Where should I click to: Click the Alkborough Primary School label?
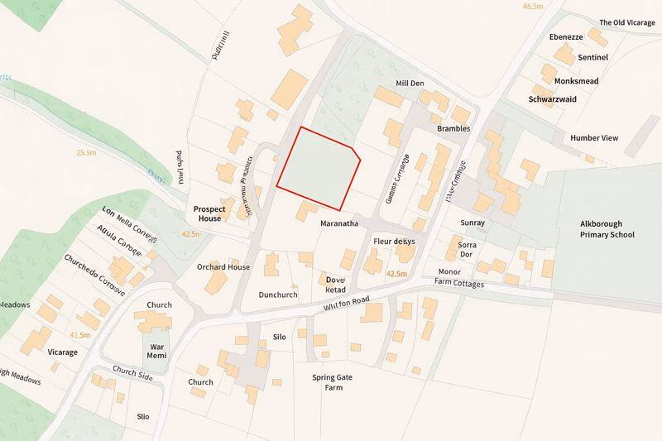coord(607,229)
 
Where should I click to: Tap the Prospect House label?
coord(208,213)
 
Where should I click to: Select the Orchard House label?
coord(223,267)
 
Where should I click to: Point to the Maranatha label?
coord(339,223)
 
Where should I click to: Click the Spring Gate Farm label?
coord(333,382)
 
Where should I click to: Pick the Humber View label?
coord(594,137)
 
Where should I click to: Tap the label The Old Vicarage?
coord(626,22)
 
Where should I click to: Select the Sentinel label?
coord(593,57)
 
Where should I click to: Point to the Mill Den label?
coord(410,84)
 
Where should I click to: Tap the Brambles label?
coord(453,129)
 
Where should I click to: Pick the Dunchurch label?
coord(277,295)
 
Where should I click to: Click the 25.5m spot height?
coord(86,152)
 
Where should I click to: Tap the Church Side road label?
coord(133,374)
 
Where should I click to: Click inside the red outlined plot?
coord(317,168)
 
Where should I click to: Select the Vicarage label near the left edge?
coord(62,352)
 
